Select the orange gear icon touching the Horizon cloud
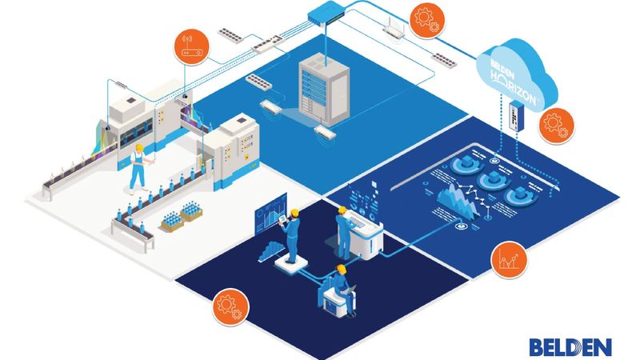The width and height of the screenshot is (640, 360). click(553, 124)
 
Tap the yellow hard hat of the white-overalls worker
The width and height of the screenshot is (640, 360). click(139, 149)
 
